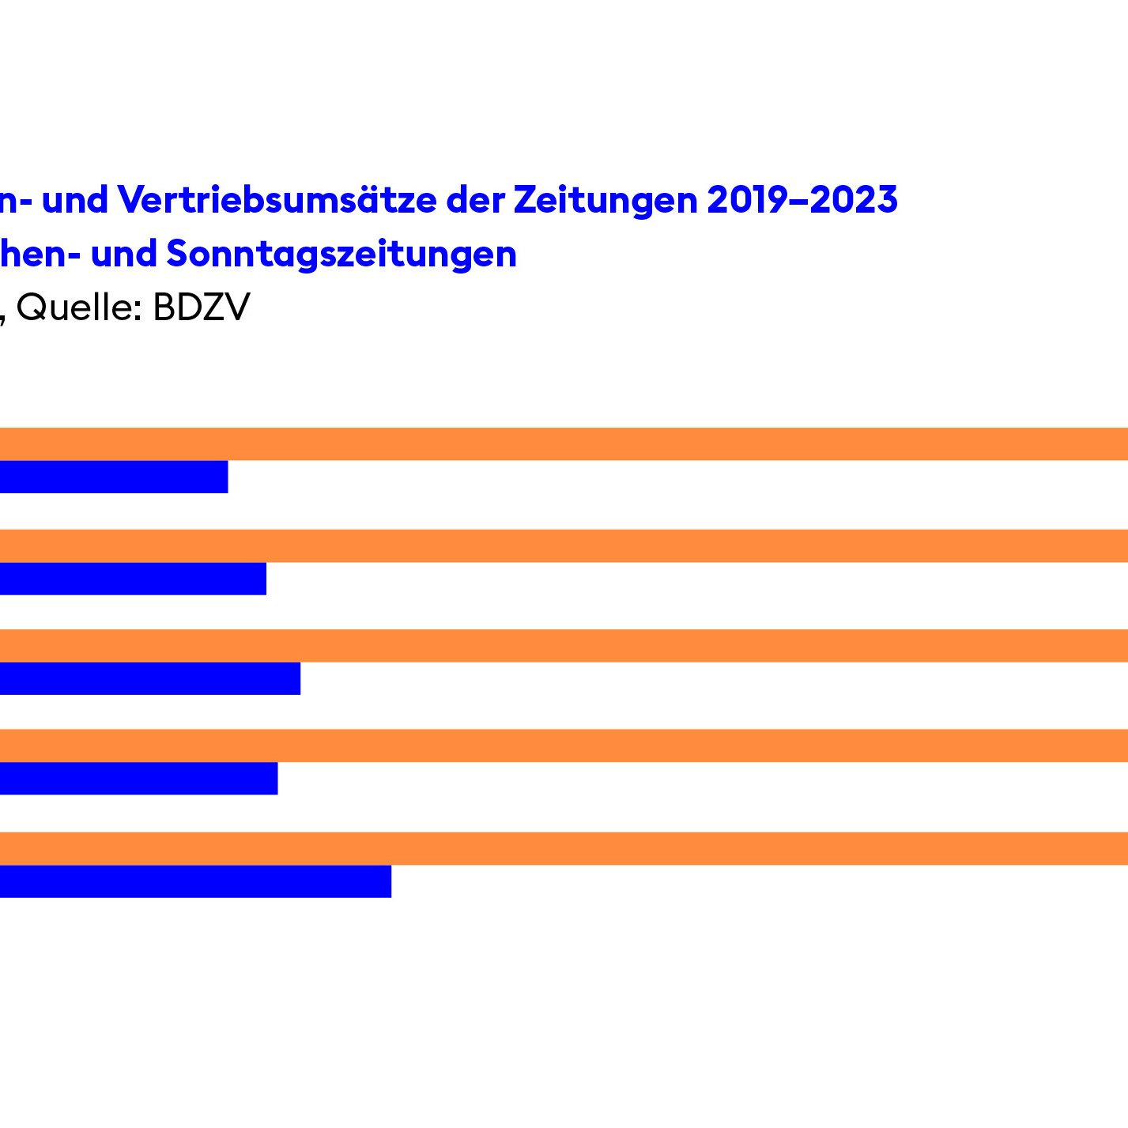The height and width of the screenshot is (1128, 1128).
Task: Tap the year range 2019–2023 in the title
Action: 802,200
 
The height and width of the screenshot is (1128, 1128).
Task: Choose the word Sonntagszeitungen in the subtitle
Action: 341,255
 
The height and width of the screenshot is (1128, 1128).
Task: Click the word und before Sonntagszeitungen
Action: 123,255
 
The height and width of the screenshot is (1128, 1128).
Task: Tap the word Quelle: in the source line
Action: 79,307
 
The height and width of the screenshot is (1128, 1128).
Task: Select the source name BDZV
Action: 201,307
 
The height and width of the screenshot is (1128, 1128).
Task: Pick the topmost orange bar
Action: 564,443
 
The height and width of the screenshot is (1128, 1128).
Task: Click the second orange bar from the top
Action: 564,545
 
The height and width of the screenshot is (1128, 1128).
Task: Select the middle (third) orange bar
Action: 564,646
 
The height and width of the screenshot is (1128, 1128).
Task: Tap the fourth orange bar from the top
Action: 564,745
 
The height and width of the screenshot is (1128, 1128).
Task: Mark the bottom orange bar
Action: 564,848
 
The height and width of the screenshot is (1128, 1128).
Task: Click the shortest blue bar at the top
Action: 114,477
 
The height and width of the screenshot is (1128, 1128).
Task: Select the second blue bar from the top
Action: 133,579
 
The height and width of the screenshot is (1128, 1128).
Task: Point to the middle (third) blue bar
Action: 150,678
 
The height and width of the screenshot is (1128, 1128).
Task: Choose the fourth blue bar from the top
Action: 138,779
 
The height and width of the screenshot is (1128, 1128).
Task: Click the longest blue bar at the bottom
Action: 195,881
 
